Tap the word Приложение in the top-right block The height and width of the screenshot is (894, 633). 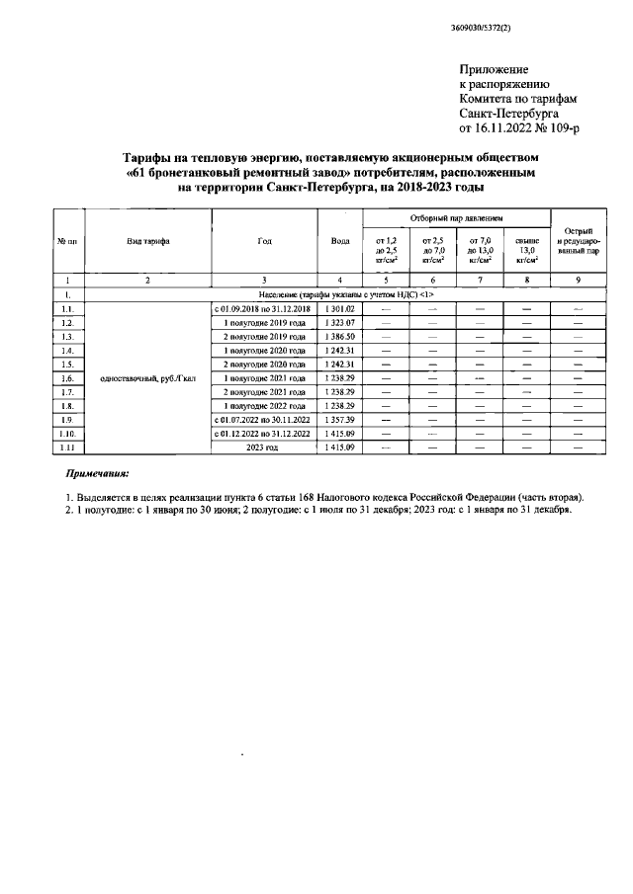pyautogui.click(x=495, y=69)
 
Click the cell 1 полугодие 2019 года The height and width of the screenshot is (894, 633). pyautogui.click(x=262, y=323)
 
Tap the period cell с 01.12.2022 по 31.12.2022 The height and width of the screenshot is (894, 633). pyautogui.click(x=262, y=434)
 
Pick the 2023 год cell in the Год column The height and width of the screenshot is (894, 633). pyautogui.click(x=262, y=447)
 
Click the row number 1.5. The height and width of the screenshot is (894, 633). pyautogui.click(x=66, y=365)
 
